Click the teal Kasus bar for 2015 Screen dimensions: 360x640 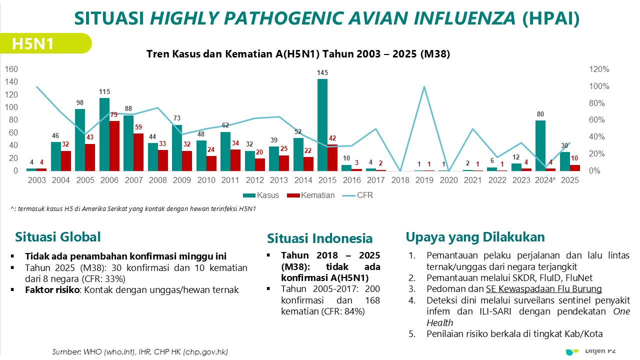point(322,125)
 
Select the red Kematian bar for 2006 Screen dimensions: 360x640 point(114,146)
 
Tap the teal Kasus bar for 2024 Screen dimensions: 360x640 point(540,145)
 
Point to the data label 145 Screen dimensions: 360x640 point(322,73)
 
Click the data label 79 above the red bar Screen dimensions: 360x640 point(114,115)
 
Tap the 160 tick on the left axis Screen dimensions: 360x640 point(11,69)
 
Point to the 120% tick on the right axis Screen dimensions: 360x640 point(599,69)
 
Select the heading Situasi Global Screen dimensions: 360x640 point(58,237)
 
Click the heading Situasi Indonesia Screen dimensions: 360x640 point(319,238)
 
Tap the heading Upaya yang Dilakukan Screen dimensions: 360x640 point(475,236)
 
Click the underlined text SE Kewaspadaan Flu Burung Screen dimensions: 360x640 point(543,289)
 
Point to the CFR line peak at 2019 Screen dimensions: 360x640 point(424,87)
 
